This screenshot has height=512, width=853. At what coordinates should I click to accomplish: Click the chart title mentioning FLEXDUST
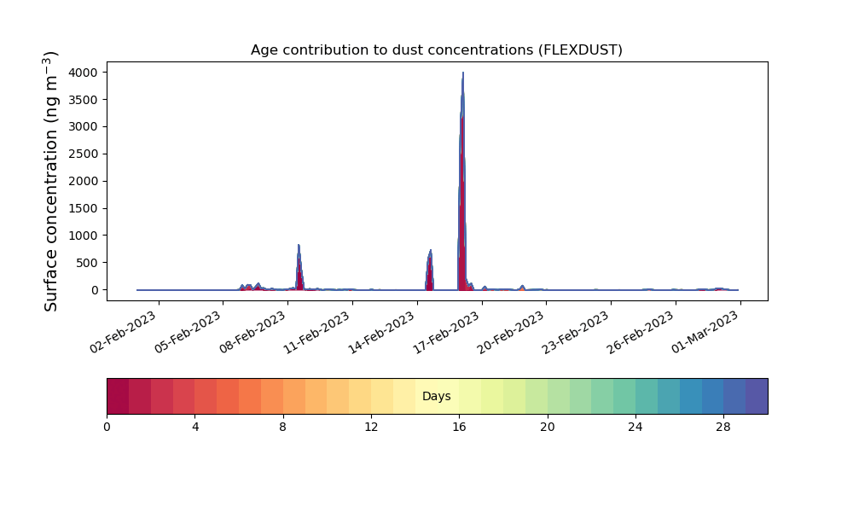pos(436,50)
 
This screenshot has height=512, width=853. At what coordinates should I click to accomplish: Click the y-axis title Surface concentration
pos(50,181)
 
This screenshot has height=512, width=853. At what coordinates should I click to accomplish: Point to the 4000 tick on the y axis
pos(84,73)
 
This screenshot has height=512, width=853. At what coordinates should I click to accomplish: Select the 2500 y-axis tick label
pos(84,154)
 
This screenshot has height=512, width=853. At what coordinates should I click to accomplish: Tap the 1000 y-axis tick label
pos(84,236)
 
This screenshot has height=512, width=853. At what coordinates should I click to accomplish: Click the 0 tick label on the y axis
pos(96,290)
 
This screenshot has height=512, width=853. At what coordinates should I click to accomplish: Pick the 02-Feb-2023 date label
pos(124,333)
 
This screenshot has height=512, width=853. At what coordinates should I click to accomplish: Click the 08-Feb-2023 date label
pos(253,333)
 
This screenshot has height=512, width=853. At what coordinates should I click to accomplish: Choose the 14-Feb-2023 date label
pos(382,333)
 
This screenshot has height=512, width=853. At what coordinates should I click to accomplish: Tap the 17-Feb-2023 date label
pos(447,333)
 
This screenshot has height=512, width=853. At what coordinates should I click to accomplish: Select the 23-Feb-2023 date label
pos(576,333)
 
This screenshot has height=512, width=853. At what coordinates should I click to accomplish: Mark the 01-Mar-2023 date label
pos(705,333)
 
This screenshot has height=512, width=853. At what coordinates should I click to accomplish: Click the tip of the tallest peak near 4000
pos(463,73)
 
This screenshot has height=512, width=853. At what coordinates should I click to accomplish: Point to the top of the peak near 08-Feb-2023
pos(299,245)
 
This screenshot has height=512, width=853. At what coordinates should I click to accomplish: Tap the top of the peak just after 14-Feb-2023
pos(430,250)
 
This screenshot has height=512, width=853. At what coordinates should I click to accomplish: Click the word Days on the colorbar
pos(436,396)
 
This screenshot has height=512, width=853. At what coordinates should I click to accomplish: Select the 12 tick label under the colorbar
pos(371,428)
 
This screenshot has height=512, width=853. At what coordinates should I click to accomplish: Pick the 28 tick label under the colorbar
pos(723,428)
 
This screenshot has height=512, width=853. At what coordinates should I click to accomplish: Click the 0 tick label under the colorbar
pos(107,428)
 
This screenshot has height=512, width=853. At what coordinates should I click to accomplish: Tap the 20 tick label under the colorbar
pos(548,428)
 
